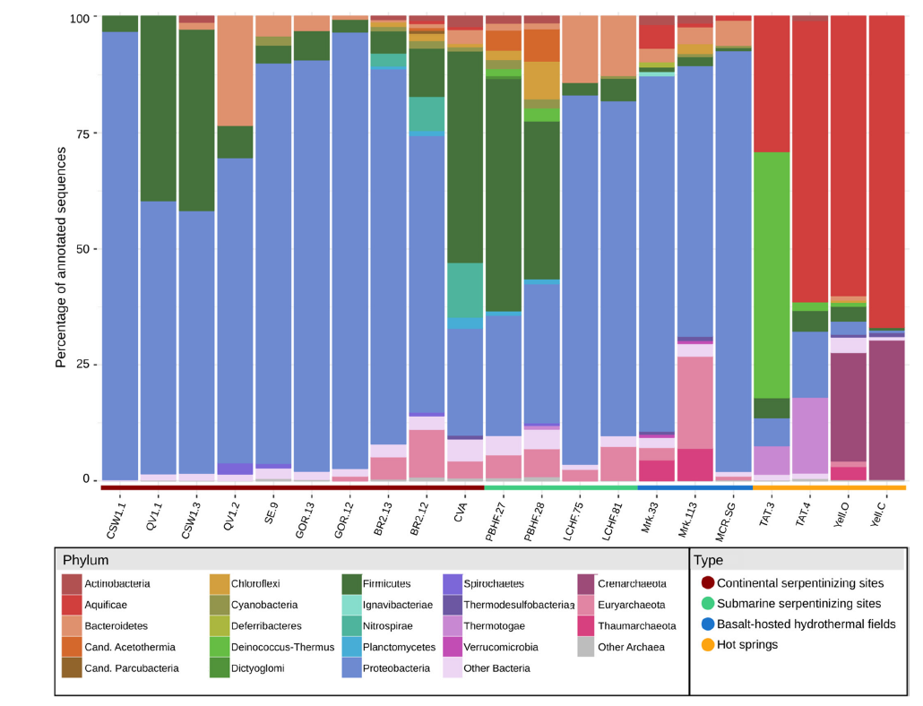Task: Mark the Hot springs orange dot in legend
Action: point(708,644)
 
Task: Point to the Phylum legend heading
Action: point(85,560)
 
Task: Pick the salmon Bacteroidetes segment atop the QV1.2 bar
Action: point(235,71)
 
